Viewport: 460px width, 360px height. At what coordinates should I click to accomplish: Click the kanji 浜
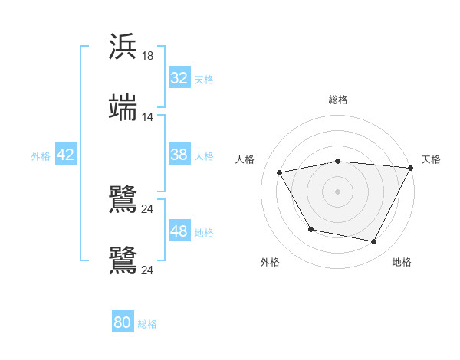[123, 46]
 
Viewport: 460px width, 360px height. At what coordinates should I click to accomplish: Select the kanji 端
[123, 108]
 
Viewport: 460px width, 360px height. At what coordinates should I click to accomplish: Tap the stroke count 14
[148, 117]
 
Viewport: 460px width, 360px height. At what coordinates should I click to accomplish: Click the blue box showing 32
[179, 78]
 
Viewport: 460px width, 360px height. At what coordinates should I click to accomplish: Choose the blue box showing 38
[179, 155]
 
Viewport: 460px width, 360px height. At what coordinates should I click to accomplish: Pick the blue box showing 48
[179, 231]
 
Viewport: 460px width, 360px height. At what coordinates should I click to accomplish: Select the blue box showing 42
[66, 155]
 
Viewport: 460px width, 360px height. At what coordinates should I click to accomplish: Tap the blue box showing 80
[123, 322]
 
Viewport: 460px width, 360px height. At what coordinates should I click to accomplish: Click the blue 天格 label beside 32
[204, 79]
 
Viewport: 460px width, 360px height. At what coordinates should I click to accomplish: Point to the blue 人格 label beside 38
[204, 155]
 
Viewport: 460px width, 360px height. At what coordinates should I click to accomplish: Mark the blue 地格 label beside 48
[204, 232]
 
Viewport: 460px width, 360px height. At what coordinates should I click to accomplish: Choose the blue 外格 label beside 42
[41, 155]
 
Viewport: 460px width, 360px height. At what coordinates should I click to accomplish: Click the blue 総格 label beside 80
[147, 323]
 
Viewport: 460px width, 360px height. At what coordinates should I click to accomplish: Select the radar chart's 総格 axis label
[338, 100]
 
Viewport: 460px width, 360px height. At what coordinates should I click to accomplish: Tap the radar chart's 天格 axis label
[431, 159]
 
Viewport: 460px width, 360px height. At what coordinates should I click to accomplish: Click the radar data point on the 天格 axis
[411, 168]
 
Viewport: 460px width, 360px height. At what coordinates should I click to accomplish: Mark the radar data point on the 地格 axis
[374, 242]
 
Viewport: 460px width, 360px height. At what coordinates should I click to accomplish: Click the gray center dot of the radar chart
[338, 191]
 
